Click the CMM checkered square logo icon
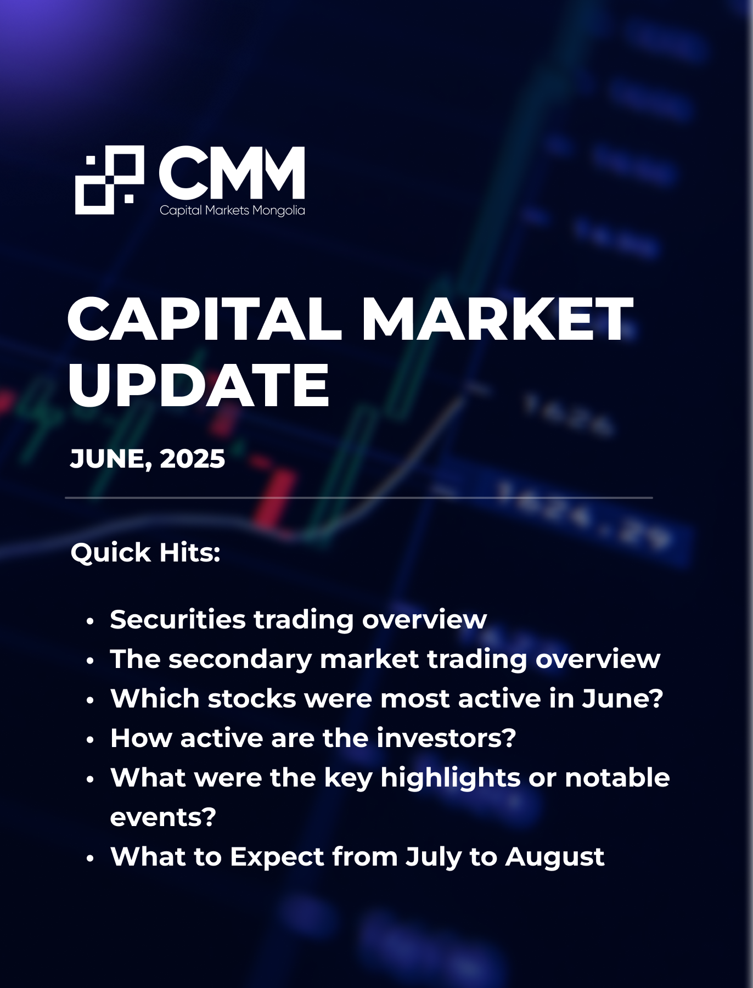(x=109, y=179)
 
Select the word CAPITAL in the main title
(x=205, y=319)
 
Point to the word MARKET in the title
(x=497, y=319)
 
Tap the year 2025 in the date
(x=192, y=459)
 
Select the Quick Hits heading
(x=145, y=552)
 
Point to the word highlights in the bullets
(x=450, y=778)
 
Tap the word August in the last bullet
(x=555, y=857)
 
